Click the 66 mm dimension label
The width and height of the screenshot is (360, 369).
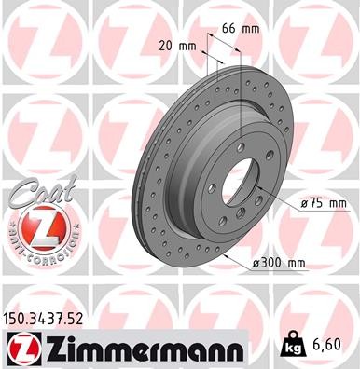(238, 29)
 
